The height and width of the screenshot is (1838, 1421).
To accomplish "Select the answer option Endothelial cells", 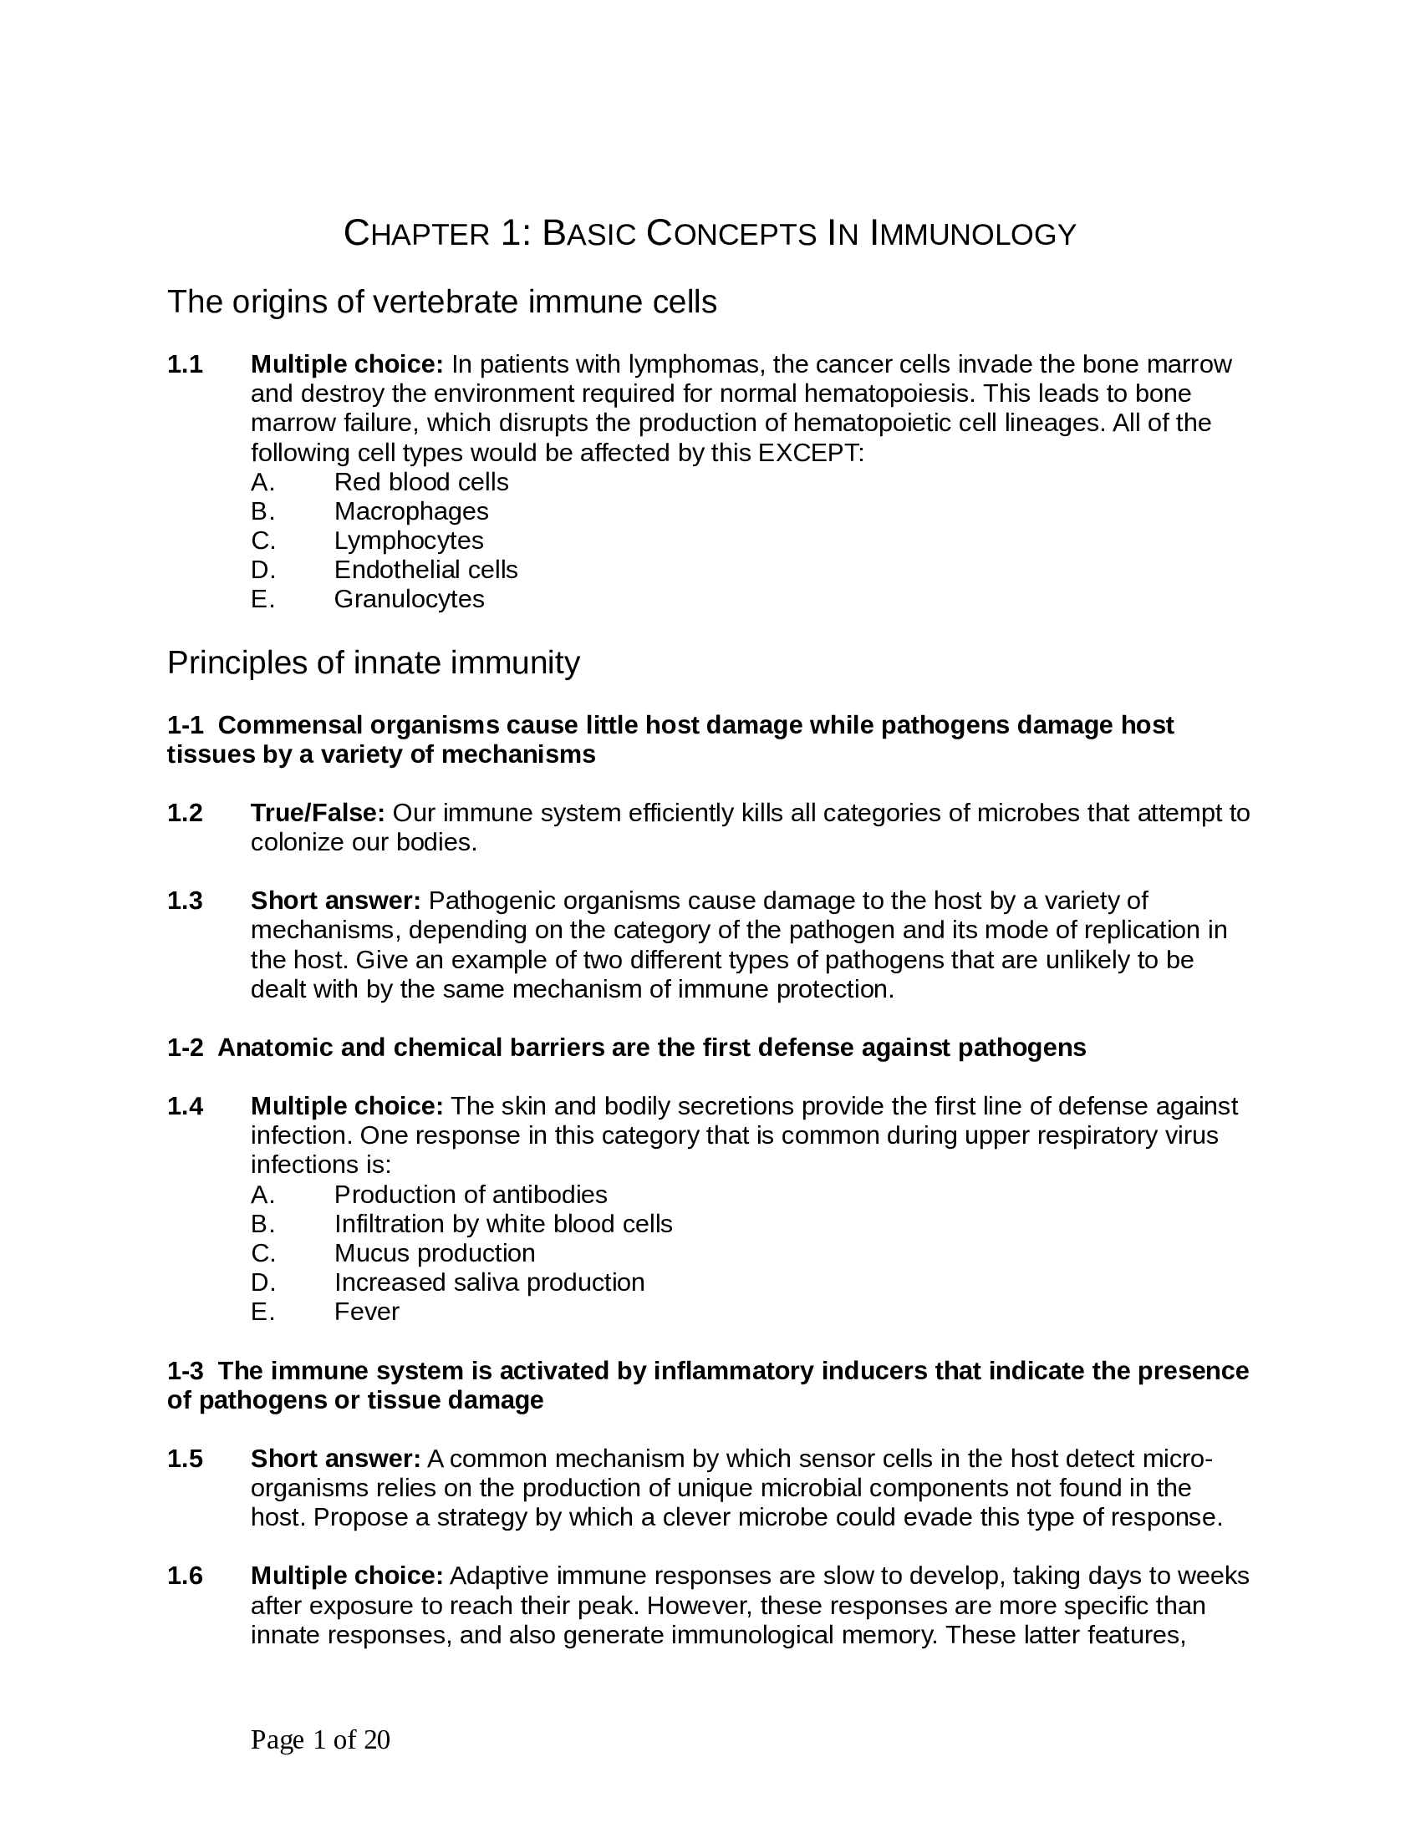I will pos(425,570).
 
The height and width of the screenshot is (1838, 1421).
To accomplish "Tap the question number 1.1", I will pos(186,364).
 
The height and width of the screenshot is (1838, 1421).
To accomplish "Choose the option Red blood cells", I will pos(421,482).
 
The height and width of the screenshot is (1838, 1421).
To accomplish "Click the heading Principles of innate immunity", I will pos(373,663).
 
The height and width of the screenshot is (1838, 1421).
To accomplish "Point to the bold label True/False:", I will pos(318,813).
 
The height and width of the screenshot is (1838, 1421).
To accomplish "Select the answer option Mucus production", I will pos(435,1253).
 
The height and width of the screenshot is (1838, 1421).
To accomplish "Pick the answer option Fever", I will pos(366,1311).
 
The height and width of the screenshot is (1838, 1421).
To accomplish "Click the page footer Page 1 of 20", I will pos(320,1739).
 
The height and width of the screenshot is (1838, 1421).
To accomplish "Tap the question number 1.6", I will pos(186,1576).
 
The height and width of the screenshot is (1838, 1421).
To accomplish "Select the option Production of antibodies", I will pos(471,1194).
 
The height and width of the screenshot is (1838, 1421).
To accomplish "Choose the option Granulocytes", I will pos(409,599).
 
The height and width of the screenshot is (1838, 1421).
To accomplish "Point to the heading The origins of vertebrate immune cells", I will pos(442,302).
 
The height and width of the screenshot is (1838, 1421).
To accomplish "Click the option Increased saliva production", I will pos(489,1282).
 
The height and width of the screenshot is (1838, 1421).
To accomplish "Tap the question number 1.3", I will pos(186,901).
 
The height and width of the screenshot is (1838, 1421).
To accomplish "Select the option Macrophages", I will pos(410,511).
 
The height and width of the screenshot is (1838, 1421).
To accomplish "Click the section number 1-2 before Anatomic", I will pos(186,1048).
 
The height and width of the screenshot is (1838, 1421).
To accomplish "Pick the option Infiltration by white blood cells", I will pos(503,1224).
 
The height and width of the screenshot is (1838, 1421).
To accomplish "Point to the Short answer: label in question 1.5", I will pos(335,1459).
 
